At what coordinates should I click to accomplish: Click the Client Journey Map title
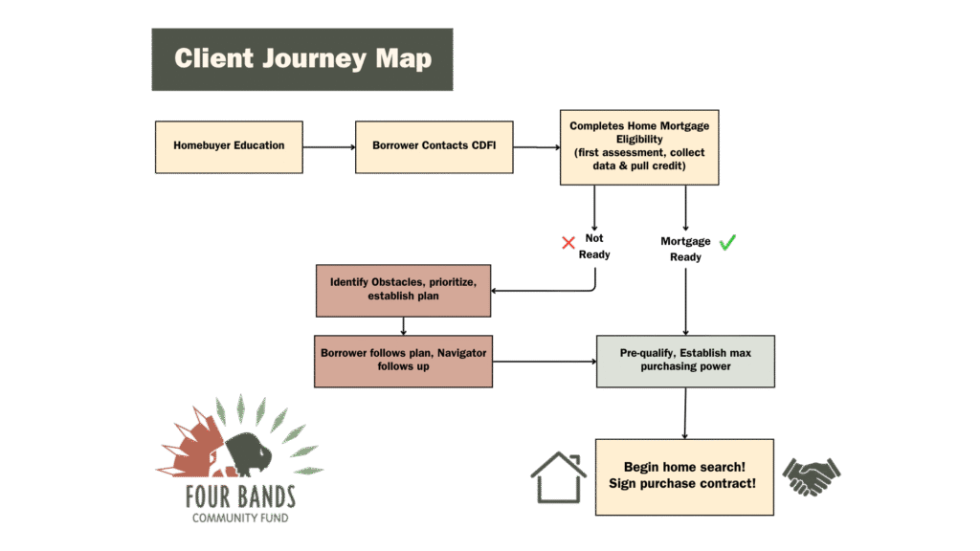[302, 58]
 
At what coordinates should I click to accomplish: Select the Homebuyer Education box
[229, 146]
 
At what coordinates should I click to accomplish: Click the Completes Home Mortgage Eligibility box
[638, 146]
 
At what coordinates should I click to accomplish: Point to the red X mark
[568, 243]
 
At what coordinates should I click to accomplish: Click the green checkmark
[727, 243]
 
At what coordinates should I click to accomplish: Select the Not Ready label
[593, 247]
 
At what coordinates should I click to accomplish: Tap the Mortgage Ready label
[686, 249]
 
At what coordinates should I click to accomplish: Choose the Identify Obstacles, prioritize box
[403, 290]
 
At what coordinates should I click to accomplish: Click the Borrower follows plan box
[403, 360]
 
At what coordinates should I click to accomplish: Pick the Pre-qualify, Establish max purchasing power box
[685, 361]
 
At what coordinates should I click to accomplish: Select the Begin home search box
[684, 476]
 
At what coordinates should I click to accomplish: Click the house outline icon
[558, 476]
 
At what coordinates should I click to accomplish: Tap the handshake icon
[812, 476]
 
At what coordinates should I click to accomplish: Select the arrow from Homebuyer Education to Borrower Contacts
[329, 147]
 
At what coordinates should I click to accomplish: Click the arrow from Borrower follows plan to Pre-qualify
[544, 362]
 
